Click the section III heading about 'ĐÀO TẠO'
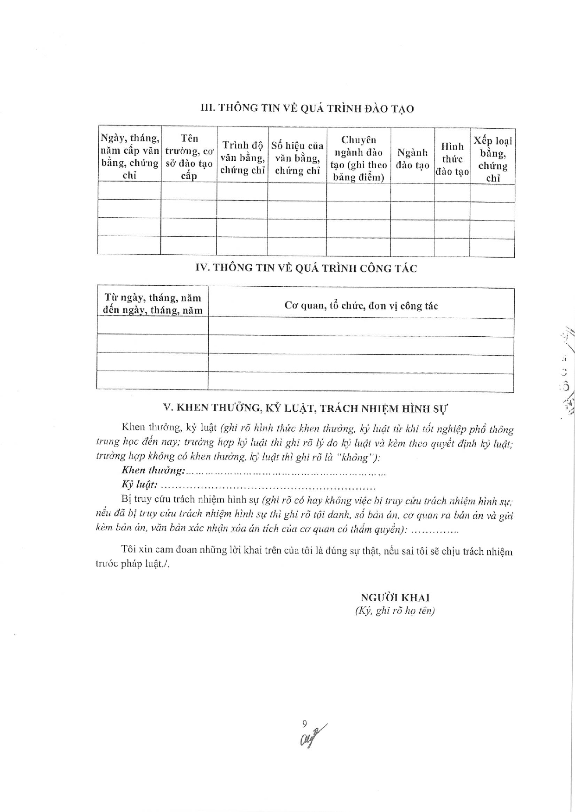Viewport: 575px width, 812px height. pyautogui.click(x=307, y=108)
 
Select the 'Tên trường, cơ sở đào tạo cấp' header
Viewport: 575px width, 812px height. pyautogui.click(x=189, y=157)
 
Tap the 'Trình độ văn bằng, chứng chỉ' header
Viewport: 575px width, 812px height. pyautogui.click(x=243, y=157)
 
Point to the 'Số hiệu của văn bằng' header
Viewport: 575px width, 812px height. pyautogui.click(x=297, y=158)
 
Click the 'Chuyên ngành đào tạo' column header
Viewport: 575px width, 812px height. pyautogui.click(x=358, y=158)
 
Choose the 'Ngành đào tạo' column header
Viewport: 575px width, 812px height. pyautogui.click(x=412, y=158)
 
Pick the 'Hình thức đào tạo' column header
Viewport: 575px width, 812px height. pyautogui.click(x=452, y=159)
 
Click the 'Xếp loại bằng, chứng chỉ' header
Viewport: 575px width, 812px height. pyautogui.click(x=492, y=159)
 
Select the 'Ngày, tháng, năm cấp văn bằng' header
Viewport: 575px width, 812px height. pyautogui.click(x=129, y=156)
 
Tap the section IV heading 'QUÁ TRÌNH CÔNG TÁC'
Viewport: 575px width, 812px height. pyautogui.click(x=307, y=268)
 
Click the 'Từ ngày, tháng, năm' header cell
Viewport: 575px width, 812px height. pyautogui.click(x=153, y=304)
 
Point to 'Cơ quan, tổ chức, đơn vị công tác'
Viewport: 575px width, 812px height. pyautogui.click(x=361, y=306)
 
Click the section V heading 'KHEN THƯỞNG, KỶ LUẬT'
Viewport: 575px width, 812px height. pyautogui.click(x=307, y=408)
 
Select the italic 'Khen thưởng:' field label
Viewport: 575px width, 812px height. pyautogui.click(x=153, y=470)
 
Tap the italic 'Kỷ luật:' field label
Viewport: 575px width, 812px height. pyautogui.click(x=140, y=485)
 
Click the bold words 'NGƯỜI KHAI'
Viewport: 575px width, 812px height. pyautogui.click(x=395, y=597)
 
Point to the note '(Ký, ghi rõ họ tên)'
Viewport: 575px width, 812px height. pyautogui.click(x=395, y=611)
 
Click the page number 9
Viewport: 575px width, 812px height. pyautogui.click(x=304, y=724)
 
